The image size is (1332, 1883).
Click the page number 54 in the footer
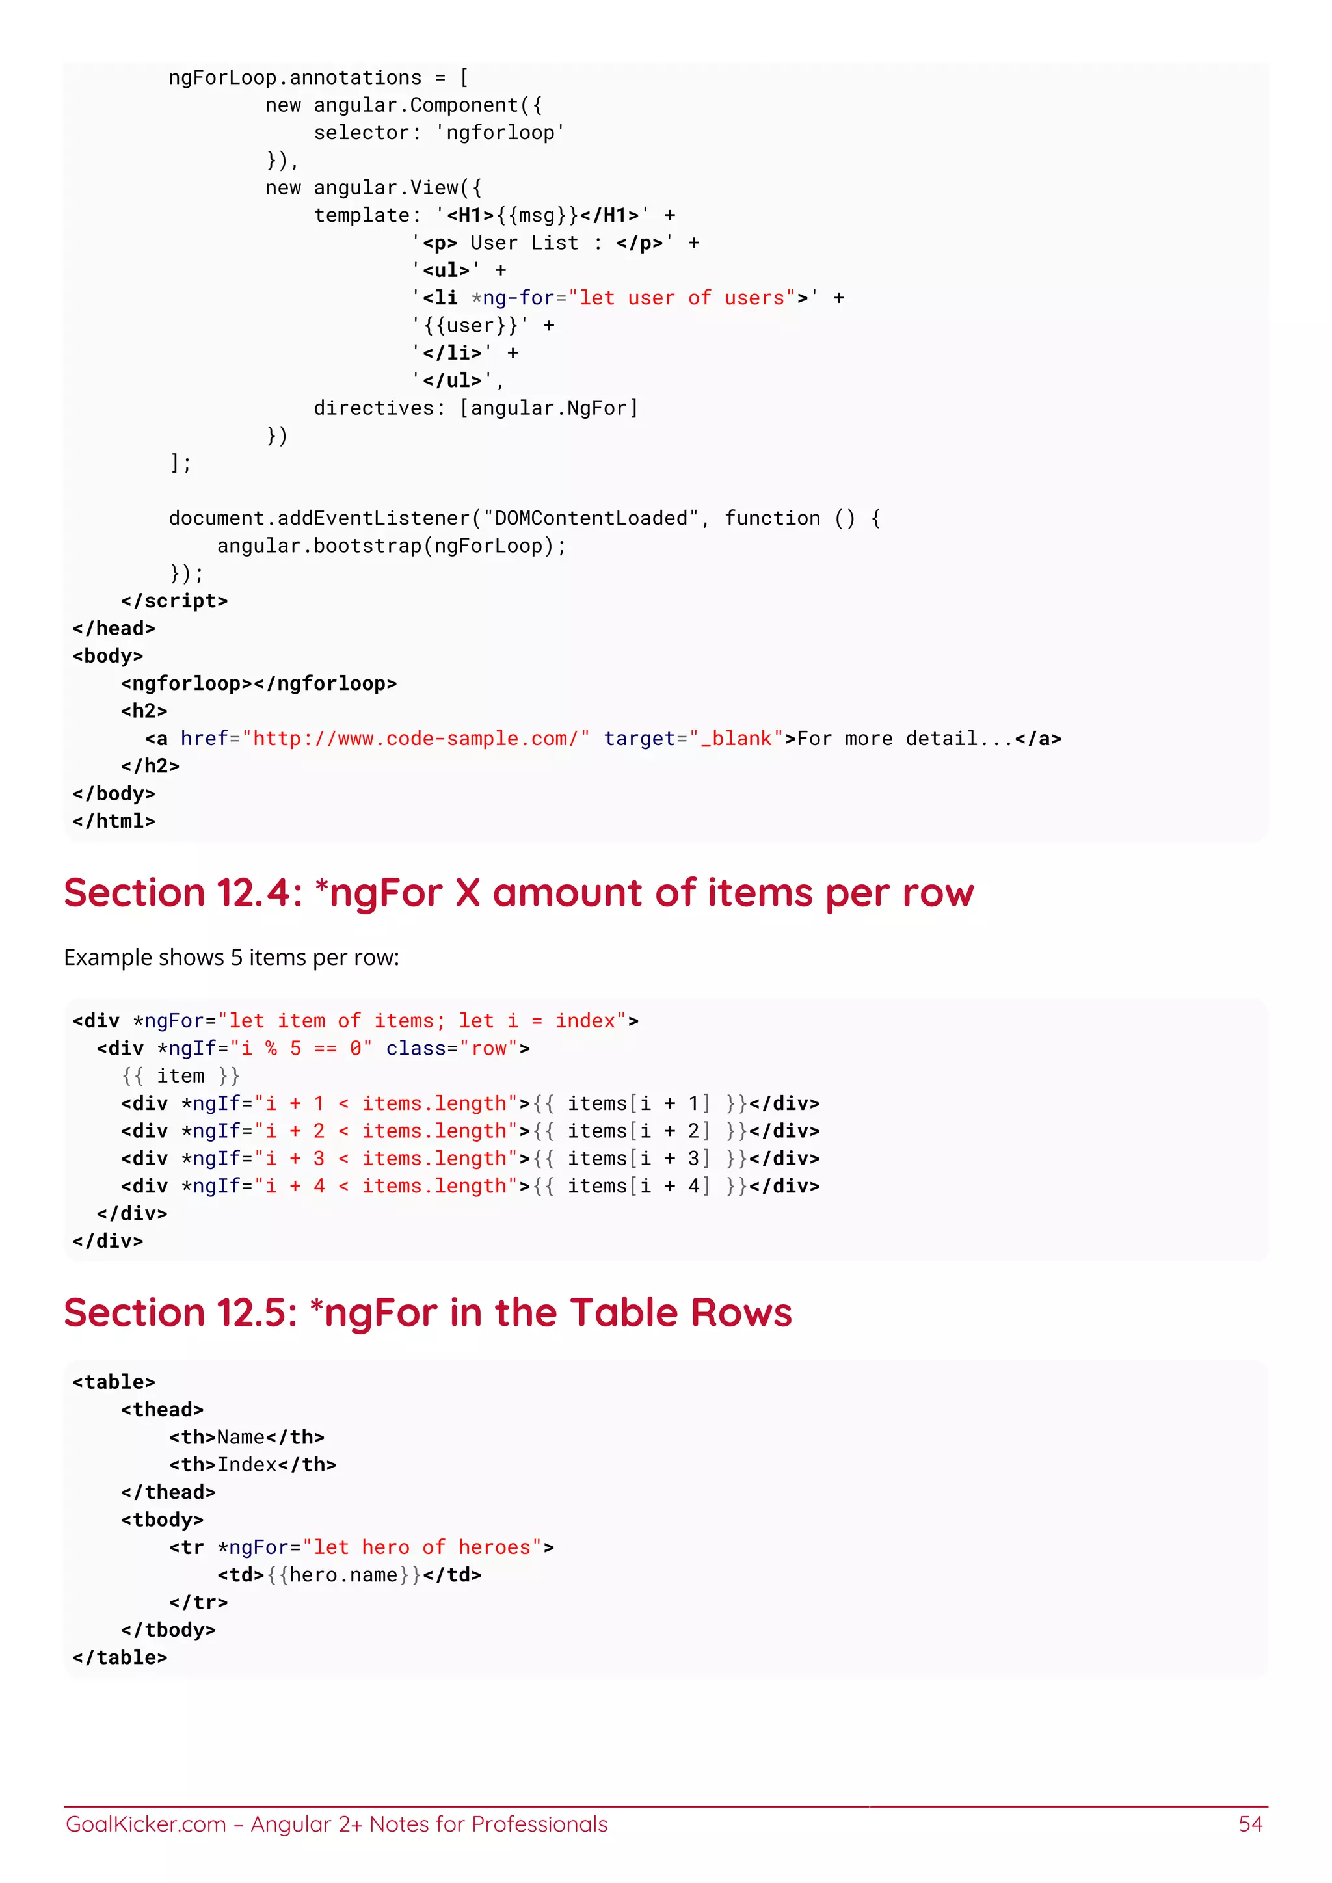click(1250, 1824)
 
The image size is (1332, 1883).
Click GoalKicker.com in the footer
click(145, 1824)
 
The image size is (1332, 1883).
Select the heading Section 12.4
click(518, 893)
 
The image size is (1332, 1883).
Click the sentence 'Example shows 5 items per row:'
click(232, 958)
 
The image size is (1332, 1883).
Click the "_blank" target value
click(736, 739)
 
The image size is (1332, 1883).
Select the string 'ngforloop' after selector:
click(500, 133)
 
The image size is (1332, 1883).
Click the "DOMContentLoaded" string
click(591, 518)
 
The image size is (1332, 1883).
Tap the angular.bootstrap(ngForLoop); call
click(392, 546)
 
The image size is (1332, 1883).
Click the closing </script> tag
click(174, 601)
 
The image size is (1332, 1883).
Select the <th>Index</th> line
click(252, 1465)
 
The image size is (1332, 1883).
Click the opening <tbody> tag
click(161, 1520)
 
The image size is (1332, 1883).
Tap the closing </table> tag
click(120, 1657)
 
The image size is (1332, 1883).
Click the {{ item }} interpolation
click(180, 1076)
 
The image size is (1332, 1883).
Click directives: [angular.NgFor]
click(475, 408)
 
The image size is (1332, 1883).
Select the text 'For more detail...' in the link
click(905, 739)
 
